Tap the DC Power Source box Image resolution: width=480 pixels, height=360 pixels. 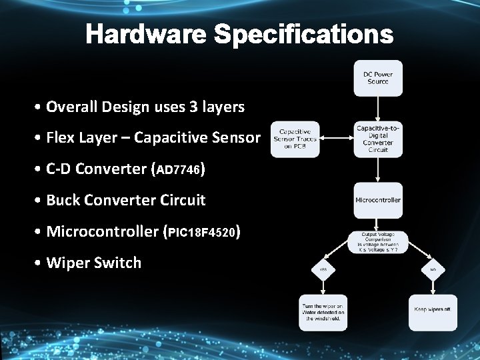[x=378, y=78]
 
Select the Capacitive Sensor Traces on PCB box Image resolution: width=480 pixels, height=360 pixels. [x=295, y=139]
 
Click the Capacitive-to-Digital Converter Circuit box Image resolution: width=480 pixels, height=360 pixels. [x=378, y=139]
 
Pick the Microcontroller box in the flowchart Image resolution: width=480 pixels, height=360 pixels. [x=378, y=200]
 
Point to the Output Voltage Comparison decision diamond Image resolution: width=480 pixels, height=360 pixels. [x=377, y=241]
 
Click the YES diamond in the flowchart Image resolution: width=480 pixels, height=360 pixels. [x=323, y=269]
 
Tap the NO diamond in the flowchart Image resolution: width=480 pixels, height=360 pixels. [x=433, y=269]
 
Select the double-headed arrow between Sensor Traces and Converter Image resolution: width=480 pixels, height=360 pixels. [x=337, y=139]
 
